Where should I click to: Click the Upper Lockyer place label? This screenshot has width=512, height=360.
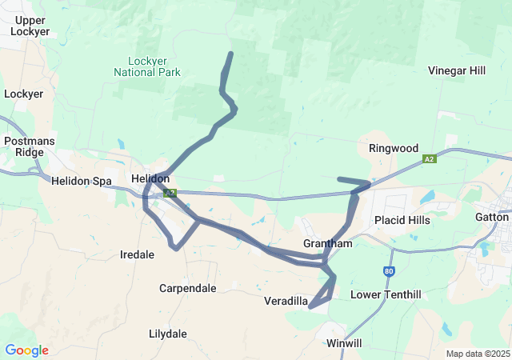[x=30, y=26]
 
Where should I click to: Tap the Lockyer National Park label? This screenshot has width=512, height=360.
[x=154, y=66]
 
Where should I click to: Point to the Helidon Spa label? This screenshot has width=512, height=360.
[x=82, y=181]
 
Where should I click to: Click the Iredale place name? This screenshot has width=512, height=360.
[x=138, y=254]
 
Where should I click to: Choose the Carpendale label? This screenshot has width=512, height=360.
[x=187, y=288]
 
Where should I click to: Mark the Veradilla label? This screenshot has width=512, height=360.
[x=286, y=301]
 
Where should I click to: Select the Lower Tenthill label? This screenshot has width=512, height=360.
[x=386, y=295]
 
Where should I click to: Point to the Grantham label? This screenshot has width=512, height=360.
[x=327, y=243]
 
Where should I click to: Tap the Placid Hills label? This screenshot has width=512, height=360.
[x=402, y=220]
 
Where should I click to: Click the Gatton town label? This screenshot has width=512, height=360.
[x=491, y=217]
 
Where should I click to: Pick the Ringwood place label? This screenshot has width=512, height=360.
[x=394, y=148]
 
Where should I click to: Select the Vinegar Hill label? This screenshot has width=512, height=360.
[x=457, y=70]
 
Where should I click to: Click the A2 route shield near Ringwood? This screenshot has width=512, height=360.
[x=430, y=160]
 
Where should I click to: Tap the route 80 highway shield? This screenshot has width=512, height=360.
[x=389, y=271]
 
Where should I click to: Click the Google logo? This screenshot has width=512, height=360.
[x=26, y=350]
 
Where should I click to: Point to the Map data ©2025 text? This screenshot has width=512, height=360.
[x=477, y=354]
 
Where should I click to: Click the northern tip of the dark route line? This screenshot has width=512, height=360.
[x=231, y=54]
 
